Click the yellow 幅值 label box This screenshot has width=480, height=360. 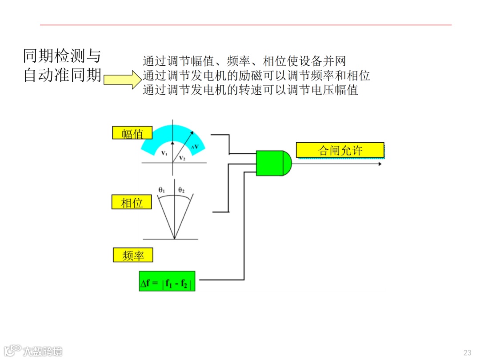coord(132,133)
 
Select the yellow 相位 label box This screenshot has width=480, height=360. coord(132,202)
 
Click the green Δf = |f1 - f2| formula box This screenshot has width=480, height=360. coord(167,281)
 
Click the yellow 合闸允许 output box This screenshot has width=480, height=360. coord(340,150)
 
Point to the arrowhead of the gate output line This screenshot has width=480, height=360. coord(379,164)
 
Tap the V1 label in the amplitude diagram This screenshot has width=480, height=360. coord(164,153)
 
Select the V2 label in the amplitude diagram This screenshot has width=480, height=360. coord(182,158)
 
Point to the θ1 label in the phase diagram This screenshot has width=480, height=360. coord(162,190)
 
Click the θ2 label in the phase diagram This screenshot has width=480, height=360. coord(181,190)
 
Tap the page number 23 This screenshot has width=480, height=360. coord(467,352)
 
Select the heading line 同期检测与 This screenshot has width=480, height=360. coord(62,56)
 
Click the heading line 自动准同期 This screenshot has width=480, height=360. coord(62,75)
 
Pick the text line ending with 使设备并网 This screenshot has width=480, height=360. coord(244,61)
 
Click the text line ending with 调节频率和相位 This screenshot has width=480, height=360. coord(256,76)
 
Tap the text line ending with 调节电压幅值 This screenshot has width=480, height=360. coord(250,90)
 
